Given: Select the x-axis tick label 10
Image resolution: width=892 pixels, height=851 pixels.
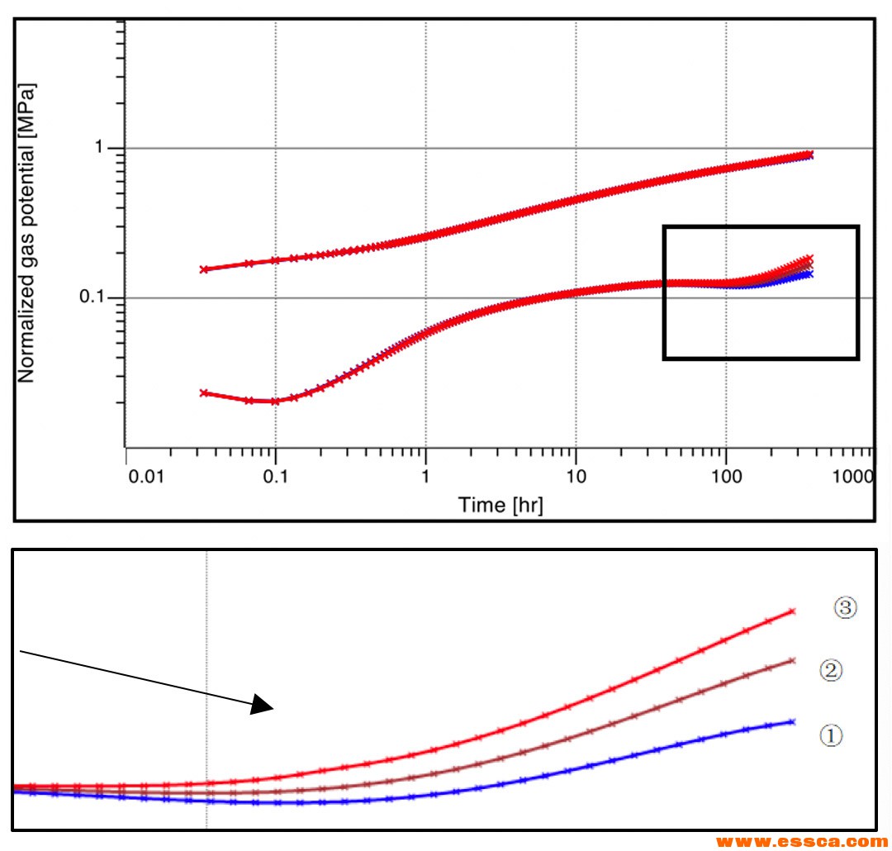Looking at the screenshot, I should click(x=576, y=477).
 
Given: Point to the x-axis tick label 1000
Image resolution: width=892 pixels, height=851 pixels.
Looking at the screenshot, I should click(x=854, y=477).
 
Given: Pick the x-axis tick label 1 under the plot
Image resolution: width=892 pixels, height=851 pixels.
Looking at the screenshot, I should click(x=425, y=477).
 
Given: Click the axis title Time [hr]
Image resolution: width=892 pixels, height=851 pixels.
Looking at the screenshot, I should click(x=501, y=505).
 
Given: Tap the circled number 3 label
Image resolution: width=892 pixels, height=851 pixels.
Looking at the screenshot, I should click(x=845, y=609).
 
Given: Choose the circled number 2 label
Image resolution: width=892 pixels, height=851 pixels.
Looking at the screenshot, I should click(x=831, y=670).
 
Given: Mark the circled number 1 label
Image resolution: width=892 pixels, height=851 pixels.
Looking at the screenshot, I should click(x=831, y=734).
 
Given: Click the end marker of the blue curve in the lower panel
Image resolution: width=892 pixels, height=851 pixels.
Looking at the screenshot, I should click(x=792, y=722).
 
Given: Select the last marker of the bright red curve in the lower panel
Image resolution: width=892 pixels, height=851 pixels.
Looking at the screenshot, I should click(x=792, y=611).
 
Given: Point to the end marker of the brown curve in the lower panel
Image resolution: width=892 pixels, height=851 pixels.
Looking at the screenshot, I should click(x=792, y=661).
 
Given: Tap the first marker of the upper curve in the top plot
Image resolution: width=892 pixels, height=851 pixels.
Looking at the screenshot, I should click(x=203, y=269).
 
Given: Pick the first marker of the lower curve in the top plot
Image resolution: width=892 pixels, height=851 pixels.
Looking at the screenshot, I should click(x=203, y=393).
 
